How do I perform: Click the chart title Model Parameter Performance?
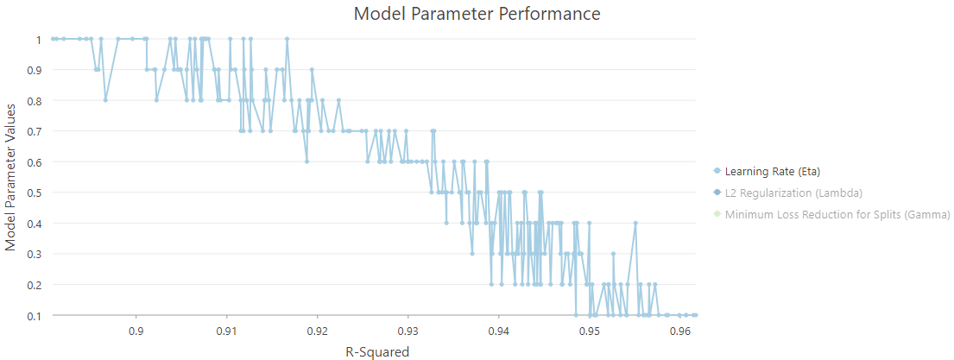click(x=477, y=14)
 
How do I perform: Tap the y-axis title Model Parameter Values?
click(x=11, y=177)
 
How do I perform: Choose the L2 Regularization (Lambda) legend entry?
click(x=793, y=193)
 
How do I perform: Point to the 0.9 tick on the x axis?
click(x=136, y=331)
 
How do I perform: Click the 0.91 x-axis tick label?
click(x=227, y=331)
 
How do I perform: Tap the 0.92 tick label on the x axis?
click(x=318, y=331)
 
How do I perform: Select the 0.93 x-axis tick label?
click(x=408, y=331)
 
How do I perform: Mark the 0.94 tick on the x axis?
click(x=499, y=331)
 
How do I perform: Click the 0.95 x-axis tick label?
click(x=590, y=331)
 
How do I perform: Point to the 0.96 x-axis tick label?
click(x=680, y=331)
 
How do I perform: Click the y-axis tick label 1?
click(x=39, y=40)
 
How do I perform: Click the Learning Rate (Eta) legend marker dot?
click(x=717, y=171)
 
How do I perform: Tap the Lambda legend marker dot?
click(x=717, y=193)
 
